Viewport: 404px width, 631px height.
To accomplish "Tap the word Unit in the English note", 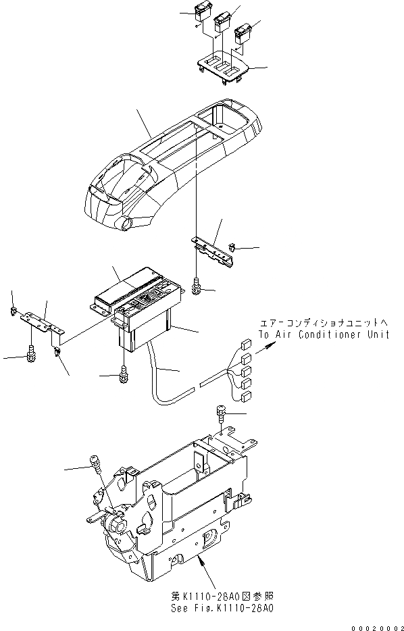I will pyautogui.click(x=376, y=334).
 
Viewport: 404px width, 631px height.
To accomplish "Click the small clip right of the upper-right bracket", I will pyautogui.click(x=231, y=249).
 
